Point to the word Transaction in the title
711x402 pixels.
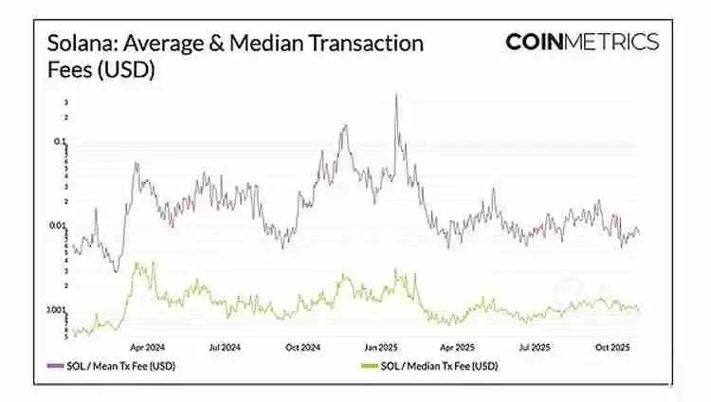(x=373, y=44)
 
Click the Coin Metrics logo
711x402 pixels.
(x=581, y=42)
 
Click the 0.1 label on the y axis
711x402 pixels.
(x=60, y=142)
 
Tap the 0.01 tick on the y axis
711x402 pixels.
(x=58, y=226)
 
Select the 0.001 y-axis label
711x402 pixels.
(x=57, y=311)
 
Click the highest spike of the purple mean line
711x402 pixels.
(x=395, y=95)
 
